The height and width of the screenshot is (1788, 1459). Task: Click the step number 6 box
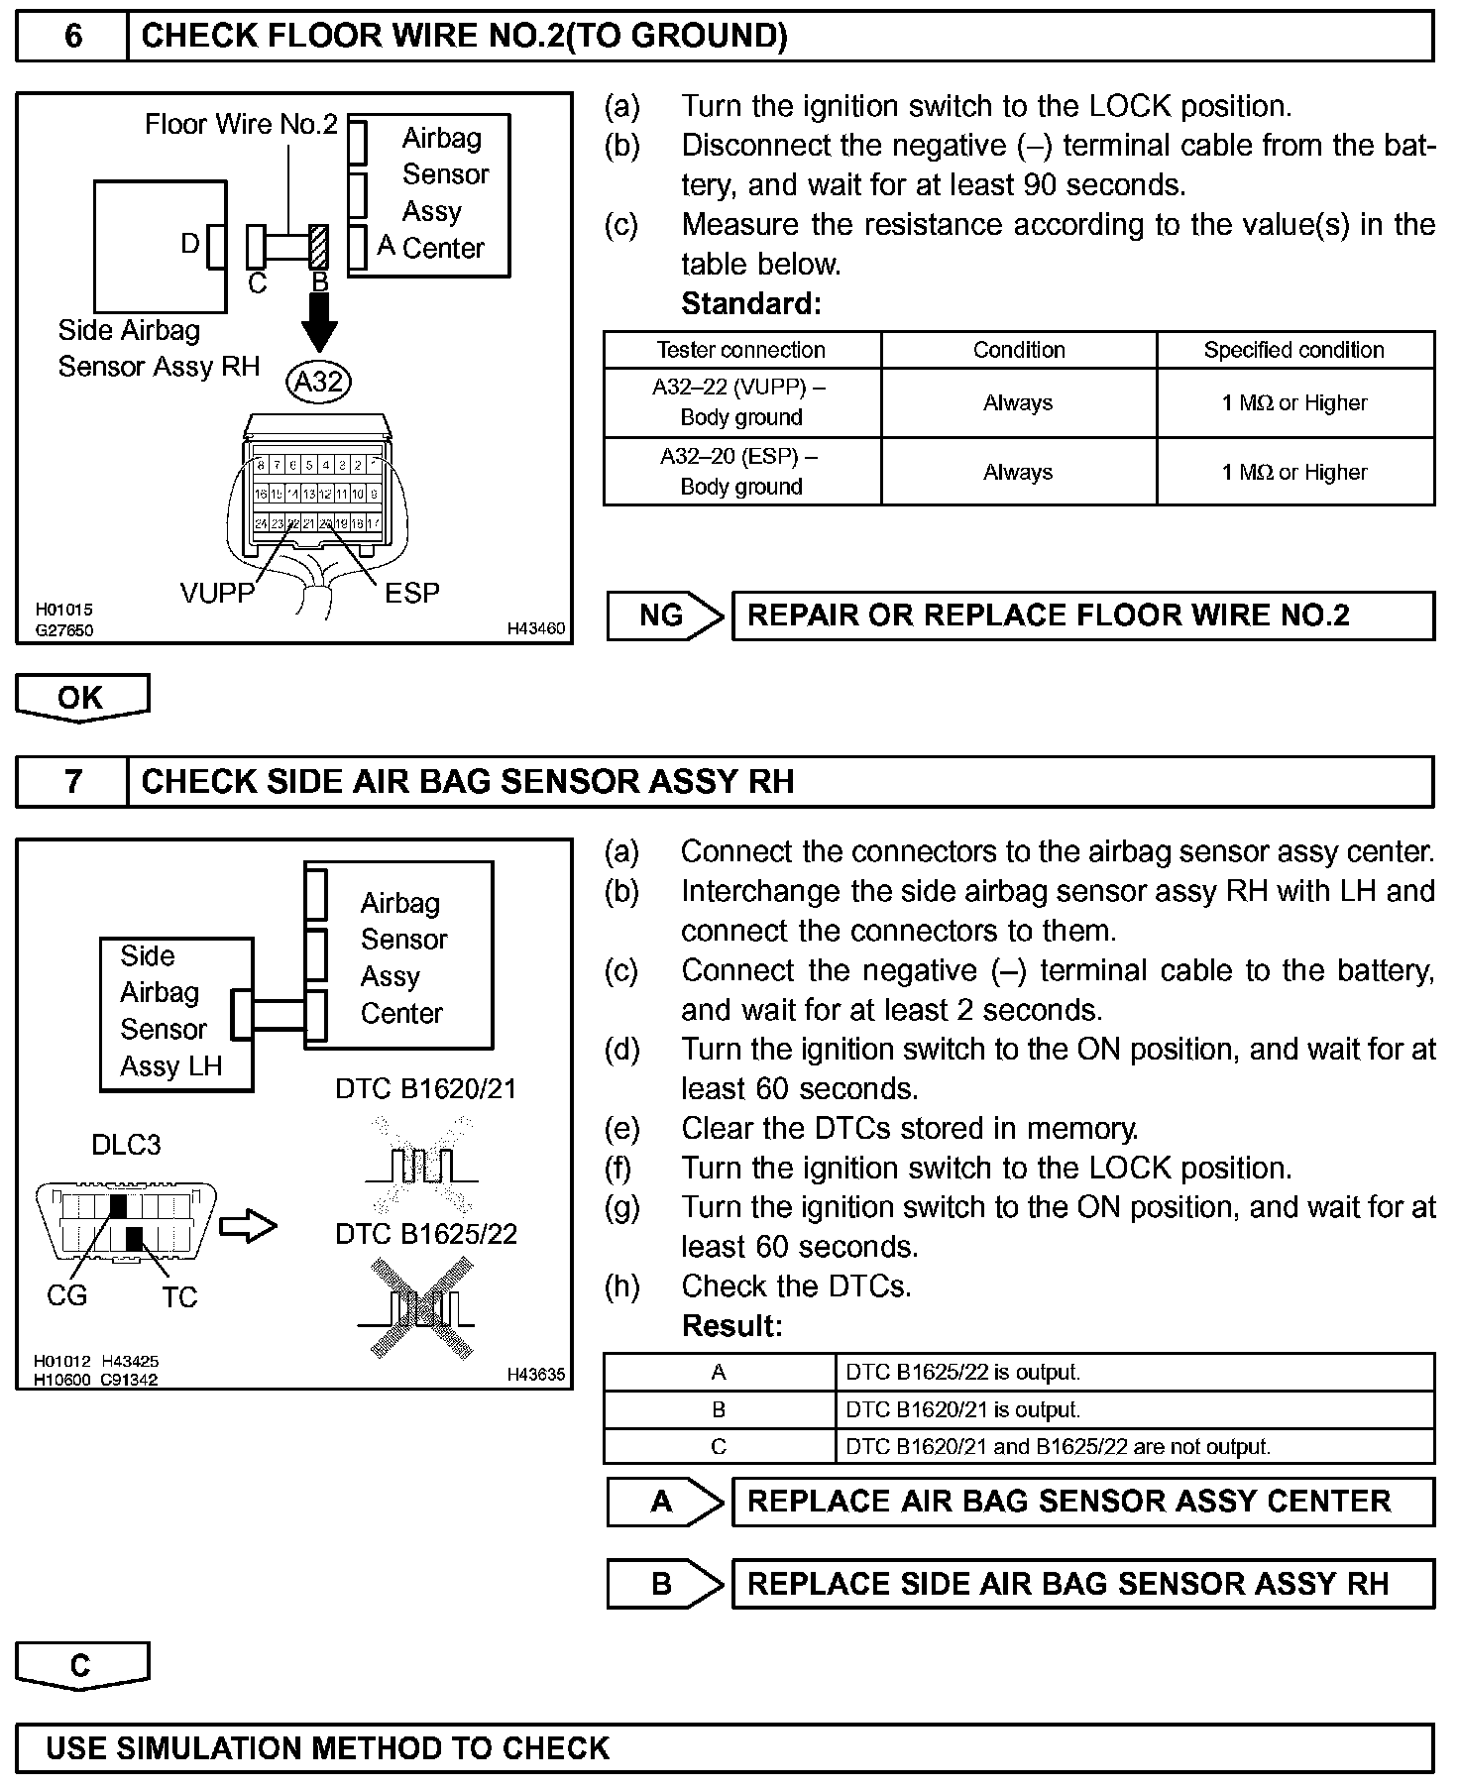pyautogui.click(x=72, y=37)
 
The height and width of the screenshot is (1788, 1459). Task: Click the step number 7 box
pyautogui.click(x=72, y=782)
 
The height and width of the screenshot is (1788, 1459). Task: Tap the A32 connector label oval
pyautogui.click(x=318, y=381)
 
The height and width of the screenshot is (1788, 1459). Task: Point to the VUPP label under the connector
pyautogui.click(x=217, y=593)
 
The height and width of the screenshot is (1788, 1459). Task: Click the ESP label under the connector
pyautogui.click(x=411, y=593)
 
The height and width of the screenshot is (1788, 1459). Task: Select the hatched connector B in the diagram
pyautogui.click(x=318, y=247)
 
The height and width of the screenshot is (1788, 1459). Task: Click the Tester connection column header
pyautogui.click(x=741, y=350)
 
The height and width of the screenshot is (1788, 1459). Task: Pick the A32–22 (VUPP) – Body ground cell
pyautogui.click(x=741, y=402)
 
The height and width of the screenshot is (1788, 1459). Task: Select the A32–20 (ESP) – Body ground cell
pyautogui.click(x=741, y=472)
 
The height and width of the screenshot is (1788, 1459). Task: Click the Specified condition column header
pyautogui.click(x=1293, y=350)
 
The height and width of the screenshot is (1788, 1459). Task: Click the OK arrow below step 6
pyautogui.click(x=81, y=698)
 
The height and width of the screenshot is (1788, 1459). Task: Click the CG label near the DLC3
pyautogui.click(x=66, y=1295)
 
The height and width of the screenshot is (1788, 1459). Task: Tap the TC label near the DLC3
pyautogui.click(x=179, y=1296)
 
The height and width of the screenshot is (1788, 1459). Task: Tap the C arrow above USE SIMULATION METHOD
pyautogui.click(x=81, y=1666)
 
